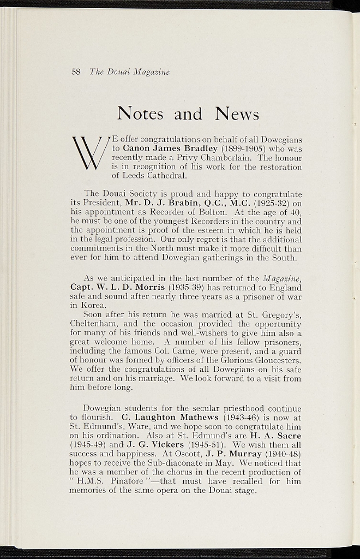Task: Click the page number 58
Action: [76, 72]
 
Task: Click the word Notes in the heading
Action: [141, 114]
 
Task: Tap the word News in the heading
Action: [237, 114]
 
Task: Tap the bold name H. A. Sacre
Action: [276, 436]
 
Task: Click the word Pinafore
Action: [126, 481]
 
